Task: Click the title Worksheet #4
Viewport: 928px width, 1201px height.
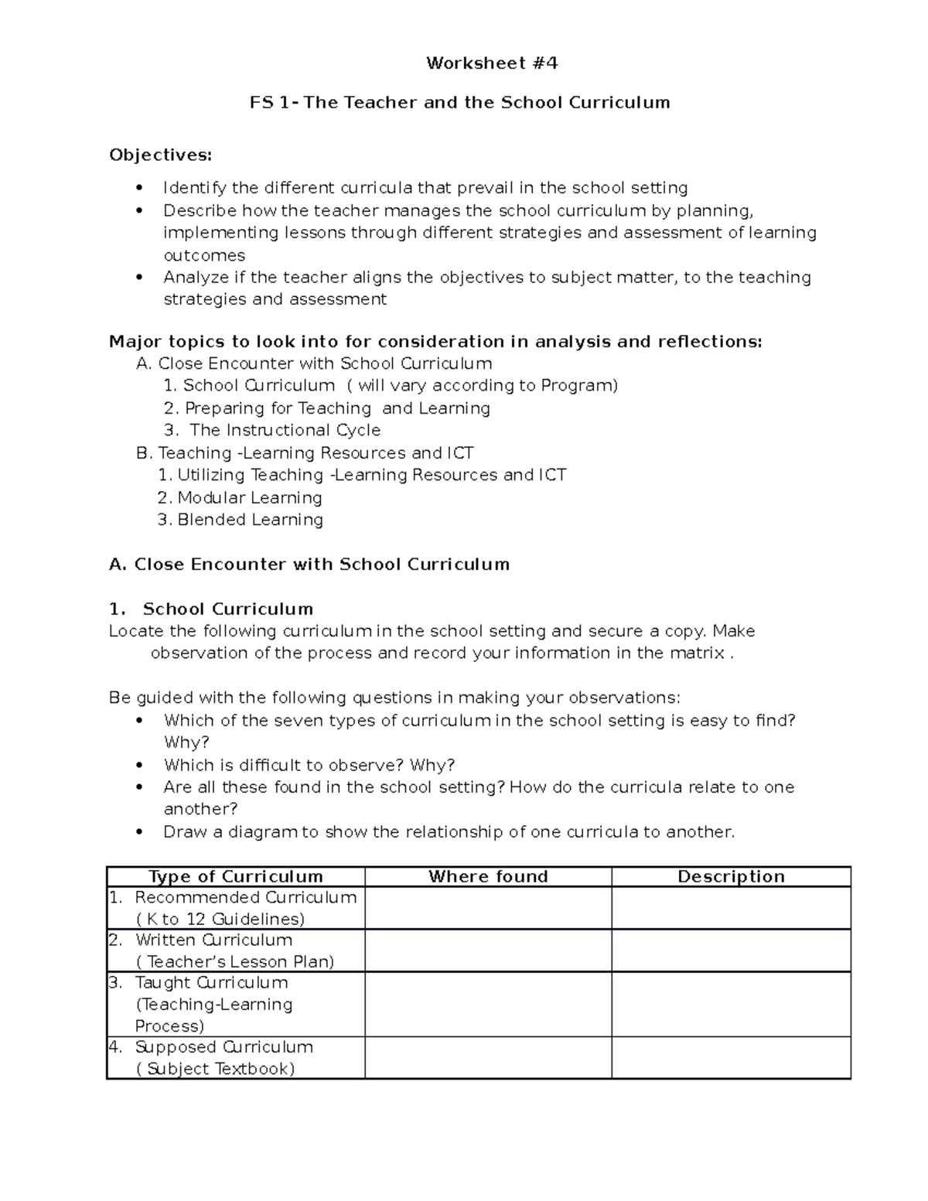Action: (x=491, y=63)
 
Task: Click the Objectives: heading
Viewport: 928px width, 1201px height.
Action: (x=160, y=155)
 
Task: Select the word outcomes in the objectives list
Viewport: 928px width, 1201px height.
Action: (x=204, y=255)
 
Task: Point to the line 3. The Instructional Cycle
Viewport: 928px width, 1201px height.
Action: (x=272, y=430)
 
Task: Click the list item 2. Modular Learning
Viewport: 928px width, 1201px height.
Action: (x=240, y=497)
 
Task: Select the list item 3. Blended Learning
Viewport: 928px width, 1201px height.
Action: (x=240, y=520)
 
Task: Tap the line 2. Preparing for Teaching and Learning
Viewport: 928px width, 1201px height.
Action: (x=327, y=408)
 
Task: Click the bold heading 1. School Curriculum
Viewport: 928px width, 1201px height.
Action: (x=211, y=609)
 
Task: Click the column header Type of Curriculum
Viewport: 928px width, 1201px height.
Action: (x=236, y=876)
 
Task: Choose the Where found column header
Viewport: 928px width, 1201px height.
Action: (x=488, y=876)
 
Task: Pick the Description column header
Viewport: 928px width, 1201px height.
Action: (x=731, y=876)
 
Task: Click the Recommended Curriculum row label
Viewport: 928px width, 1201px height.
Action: (x=244, y=898)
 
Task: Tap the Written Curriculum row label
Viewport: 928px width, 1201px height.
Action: (x=213, y=940)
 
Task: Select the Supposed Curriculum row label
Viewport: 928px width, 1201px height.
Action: (x=223, y=1047)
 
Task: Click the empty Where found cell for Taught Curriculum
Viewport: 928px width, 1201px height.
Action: (x=488, y=1004)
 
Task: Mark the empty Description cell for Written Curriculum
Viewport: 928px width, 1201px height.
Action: (x=731, y=950)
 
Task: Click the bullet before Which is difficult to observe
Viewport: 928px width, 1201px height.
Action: (x=139, y=766)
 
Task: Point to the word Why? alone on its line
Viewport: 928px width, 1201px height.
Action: (x=186, y=742)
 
